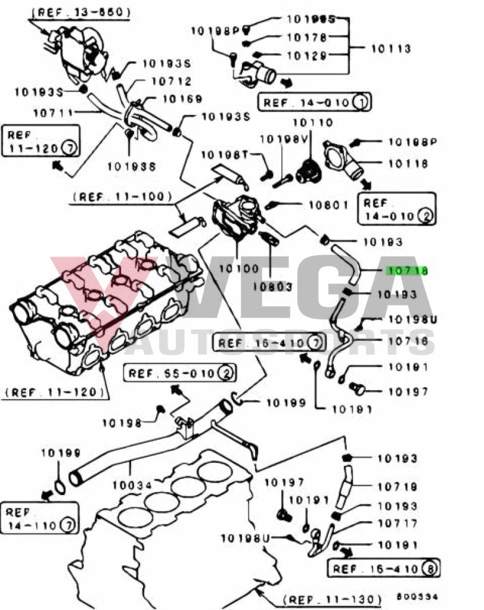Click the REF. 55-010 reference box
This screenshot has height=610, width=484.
click(178, 374)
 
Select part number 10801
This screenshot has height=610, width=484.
click(328, 206)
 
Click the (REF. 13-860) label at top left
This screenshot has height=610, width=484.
click(81, 11)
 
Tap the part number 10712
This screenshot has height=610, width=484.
click(171, 82)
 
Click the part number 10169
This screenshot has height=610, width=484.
click(182, 99)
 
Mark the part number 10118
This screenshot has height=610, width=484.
click(409, 162)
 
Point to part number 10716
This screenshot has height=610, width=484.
click(408, 341)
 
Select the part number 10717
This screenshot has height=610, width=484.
click(398, 524)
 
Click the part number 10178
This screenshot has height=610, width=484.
click(308, 38)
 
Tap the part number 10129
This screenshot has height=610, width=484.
click(308, 55)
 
